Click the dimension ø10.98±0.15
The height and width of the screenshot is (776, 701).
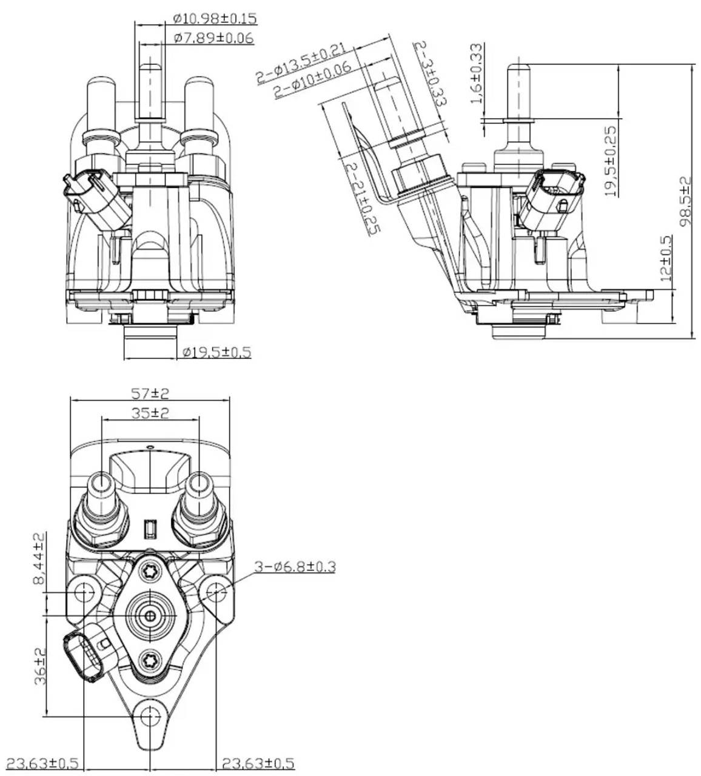coord(214,19)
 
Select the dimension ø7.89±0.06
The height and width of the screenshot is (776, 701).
coord(213,38)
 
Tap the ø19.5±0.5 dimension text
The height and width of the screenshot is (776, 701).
coord(216,352)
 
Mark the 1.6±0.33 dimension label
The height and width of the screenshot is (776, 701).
coord(477,73)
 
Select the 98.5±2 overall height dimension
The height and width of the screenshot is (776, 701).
coord(685,201)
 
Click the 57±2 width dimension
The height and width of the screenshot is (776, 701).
coord(150,393)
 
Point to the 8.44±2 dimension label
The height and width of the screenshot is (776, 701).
coord(39,560)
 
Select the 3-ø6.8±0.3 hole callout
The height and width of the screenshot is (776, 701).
coord(293,567)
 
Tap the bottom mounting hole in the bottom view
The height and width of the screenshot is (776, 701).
coord(150,717)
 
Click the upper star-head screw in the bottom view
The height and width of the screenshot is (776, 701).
coord(150,570)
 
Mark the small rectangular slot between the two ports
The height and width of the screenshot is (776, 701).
coord(150,530)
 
